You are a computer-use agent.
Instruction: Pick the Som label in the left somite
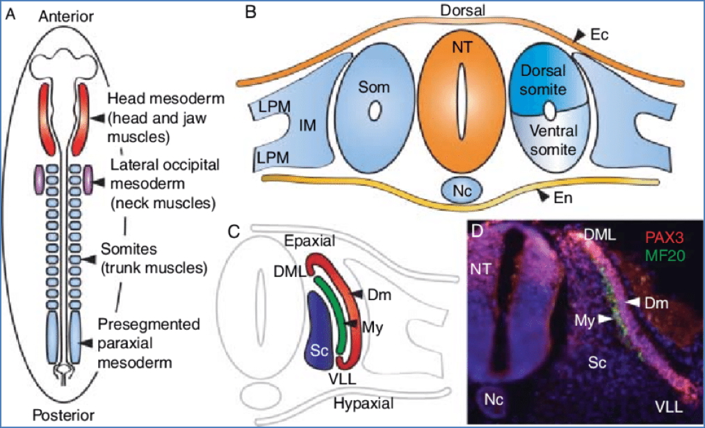coord(374,87)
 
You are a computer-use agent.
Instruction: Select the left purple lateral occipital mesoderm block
coord(39,179)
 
